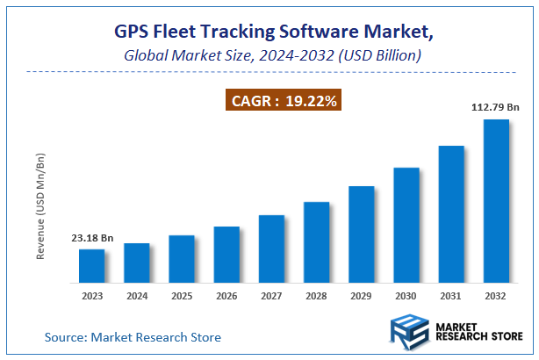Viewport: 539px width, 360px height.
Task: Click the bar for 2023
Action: click(x=92, y=266)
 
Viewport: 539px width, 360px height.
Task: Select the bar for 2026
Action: click(x=226, y=255)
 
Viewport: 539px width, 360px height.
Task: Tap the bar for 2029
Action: click(x=361, y=234)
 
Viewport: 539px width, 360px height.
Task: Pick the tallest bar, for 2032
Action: click(x=496, y=201)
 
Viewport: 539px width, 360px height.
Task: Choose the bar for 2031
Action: click(x=451, y=214)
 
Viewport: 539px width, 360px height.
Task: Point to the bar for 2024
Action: click(x=137, y=263)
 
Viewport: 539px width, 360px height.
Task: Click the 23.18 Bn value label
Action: click(x=92, y=239)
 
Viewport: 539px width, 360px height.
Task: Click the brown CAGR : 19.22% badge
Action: click(x=284, y=102)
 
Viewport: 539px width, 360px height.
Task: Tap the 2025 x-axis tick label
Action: click(x=182, y=297)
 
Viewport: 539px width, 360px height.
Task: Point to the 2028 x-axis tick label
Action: click(x=316, y=297)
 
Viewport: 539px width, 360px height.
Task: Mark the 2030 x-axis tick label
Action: click(x=406, y=297)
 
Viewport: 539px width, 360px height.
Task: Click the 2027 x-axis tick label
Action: click(x=271, y=297)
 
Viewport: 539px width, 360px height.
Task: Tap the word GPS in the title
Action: click(x=134, y=32)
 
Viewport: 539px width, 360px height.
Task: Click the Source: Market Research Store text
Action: click(x=133, y=337)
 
